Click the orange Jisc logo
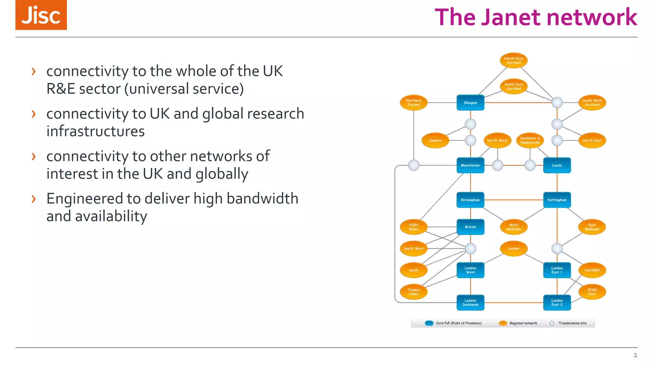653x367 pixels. (x=41, y=15)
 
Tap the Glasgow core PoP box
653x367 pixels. (x=470, y=103)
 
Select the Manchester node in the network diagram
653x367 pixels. (x=470, y=165)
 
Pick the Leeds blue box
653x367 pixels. (x=557, y=165)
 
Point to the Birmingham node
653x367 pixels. (x=470, y=200)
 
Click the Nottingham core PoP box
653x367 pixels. (x=557, y=200)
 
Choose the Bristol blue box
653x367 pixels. (x=470, y=227)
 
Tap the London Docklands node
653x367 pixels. (x=470, y=302)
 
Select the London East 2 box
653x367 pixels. (x=557, y=302)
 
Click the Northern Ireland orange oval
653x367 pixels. (x=414, y=103)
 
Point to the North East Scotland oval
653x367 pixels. (x=513, y=61)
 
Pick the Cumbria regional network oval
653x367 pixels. (x=435, y=140)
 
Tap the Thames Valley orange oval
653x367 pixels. (x=414, y=292)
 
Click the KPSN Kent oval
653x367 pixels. (x=592, y=292)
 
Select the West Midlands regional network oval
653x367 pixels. (x=513, y=227)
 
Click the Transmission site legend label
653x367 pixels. (x=572, y=323)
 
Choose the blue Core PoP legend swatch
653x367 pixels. (x=429, y=323)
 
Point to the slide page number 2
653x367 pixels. (x=635, y=355)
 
